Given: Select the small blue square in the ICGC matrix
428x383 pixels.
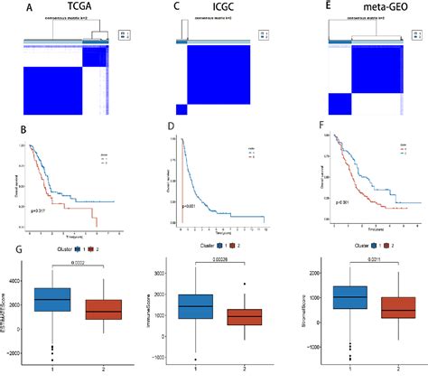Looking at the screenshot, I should (181, 109).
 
